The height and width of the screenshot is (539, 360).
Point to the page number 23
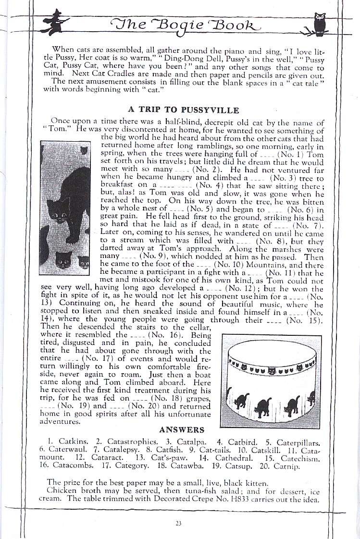(x=178, y=524)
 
